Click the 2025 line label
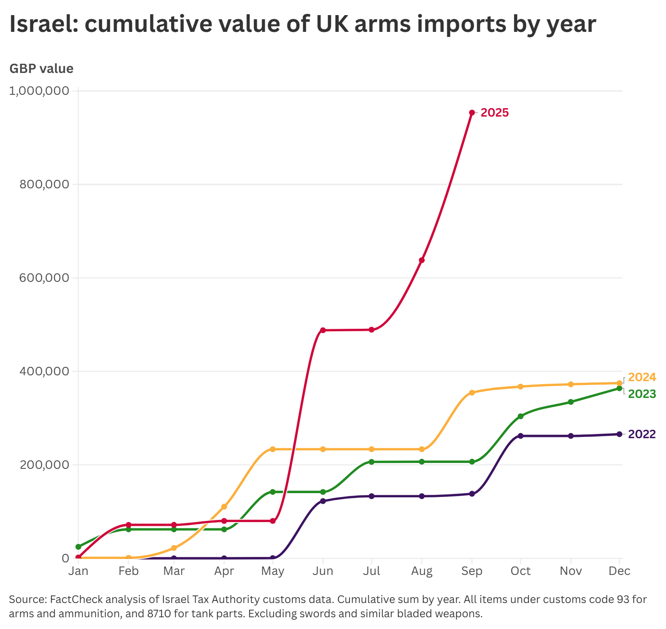494,113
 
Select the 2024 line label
642,377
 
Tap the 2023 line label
642,394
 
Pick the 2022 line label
642,434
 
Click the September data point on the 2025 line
472,112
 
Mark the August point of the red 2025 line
422,260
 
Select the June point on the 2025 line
323,330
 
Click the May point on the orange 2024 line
273,449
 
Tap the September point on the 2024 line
472,392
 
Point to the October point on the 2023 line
520,416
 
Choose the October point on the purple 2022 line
520,436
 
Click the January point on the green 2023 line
78,547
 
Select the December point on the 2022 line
619,434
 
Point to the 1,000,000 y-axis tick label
39,91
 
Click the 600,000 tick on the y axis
44,278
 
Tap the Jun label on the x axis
323,571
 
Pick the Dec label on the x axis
619,571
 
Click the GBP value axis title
42,68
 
